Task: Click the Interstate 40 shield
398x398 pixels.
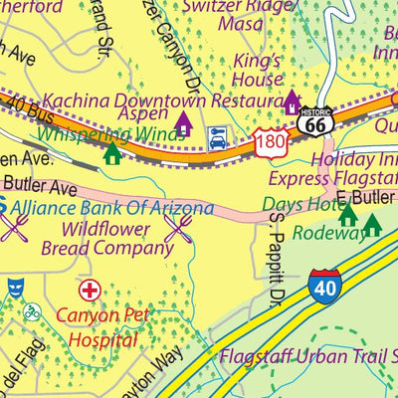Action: click(x=327, y=285)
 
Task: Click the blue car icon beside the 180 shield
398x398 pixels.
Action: click(x=216, y=138)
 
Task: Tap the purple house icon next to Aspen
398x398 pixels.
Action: click(x=183, y=124)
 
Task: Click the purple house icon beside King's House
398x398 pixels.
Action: click(x=293, y=100)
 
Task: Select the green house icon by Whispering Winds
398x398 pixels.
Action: click(x=112, y=152)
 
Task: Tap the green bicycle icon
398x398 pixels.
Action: click(x=31, y=311)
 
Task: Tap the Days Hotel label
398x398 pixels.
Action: click(x=298, y=204)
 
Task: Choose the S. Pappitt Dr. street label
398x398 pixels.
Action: click(x=276, y=268)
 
